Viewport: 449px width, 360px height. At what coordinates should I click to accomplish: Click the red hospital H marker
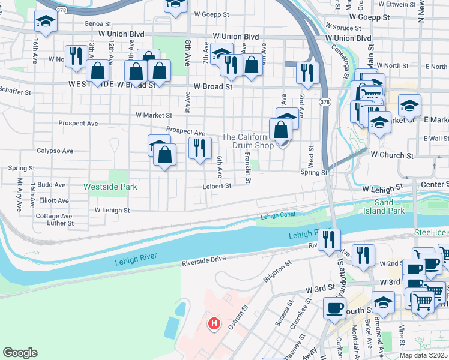click(214, 325)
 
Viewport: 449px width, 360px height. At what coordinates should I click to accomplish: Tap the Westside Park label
click(110, 187)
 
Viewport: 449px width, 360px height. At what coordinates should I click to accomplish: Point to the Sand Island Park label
click(384, 207)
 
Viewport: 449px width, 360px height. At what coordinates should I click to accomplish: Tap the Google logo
click(20, 352)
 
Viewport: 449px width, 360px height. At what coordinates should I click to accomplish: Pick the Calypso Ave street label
click(55, 151)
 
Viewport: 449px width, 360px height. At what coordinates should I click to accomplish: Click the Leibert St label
click(217, 186)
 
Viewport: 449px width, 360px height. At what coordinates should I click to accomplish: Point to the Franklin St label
click(247, 168)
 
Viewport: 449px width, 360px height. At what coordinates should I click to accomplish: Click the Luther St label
click(60, 223)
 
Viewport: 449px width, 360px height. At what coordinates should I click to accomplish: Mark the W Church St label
click(392, 155)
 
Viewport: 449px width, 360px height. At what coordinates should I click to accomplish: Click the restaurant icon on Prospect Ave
click(200, 148)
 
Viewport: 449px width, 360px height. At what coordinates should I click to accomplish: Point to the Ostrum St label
click(237, 317)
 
